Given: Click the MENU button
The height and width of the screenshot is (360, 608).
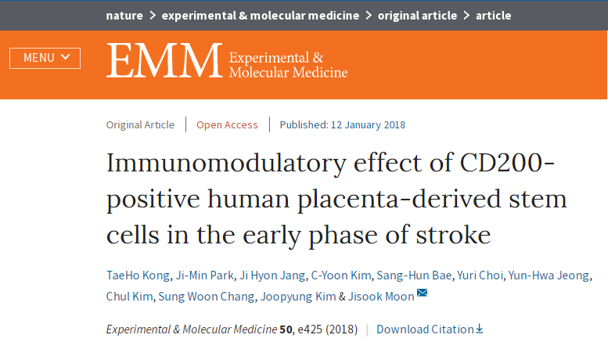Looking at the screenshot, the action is click(x=45, y=58).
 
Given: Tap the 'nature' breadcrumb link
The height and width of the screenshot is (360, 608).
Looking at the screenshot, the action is click(x=124, y=16).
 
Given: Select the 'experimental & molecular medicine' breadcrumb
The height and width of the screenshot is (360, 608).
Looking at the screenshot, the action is click(x=261, y=16).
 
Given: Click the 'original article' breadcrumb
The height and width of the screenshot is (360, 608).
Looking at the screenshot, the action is click(x=417, y=16).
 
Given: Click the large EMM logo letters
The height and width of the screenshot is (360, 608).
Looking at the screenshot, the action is click(x=164, y=60).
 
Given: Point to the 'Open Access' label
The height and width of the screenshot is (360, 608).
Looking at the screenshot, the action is click(x=227, y=125).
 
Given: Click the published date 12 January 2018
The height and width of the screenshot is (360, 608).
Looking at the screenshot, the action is click(x=368, y=125).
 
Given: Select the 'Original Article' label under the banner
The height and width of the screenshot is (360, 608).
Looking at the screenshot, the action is click(x=140, y=125).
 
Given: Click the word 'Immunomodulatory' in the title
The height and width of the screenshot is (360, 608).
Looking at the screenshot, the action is click(x=226, y=164).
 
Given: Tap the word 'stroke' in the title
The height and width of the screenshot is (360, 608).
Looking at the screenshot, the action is click(x=453, y=234).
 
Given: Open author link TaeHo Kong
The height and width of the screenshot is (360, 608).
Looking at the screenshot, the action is click(x=138, y=275).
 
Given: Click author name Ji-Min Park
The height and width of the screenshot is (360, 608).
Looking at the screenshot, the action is click(x=205, y=275).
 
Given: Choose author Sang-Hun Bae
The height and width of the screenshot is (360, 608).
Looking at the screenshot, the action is click(x=414, y=275).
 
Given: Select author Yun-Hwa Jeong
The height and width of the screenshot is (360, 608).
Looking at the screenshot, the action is click(x=549, y=275).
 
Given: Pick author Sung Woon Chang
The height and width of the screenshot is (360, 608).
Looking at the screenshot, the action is click(x=207, y=297).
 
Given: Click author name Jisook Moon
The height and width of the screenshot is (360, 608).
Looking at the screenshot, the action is click(x=381, y=297).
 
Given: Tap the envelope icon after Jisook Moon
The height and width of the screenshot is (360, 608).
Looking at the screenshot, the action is click(x=422, y=293).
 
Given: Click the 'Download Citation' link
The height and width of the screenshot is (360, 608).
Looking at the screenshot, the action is click(x=430, y=329).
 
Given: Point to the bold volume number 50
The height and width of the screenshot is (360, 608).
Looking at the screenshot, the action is click(x=286, y=329).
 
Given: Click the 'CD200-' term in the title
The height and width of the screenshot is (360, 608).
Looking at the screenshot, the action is click(x=507, y=162).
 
